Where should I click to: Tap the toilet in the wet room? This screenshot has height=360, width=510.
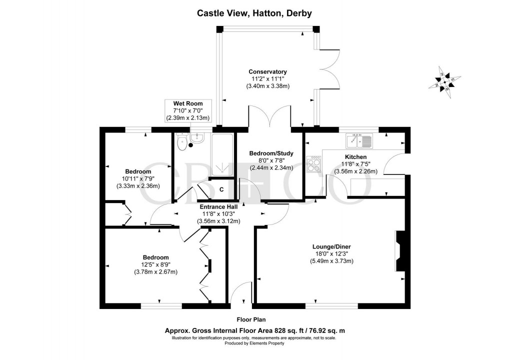tap(182, 143)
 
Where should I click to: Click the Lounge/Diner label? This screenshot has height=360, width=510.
tap(332, 246)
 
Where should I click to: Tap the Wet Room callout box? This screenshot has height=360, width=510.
tap(188, 111)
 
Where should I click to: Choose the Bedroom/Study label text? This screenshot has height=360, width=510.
tap(271, 153)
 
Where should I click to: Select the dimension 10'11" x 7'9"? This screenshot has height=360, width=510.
tap(137, 179)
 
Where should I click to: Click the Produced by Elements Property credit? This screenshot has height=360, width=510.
tap(254, 343)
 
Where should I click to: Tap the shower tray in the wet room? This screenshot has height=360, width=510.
tap(222, 154)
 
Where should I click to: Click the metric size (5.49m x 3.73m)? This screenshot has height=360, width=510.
tap(332, 261)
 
